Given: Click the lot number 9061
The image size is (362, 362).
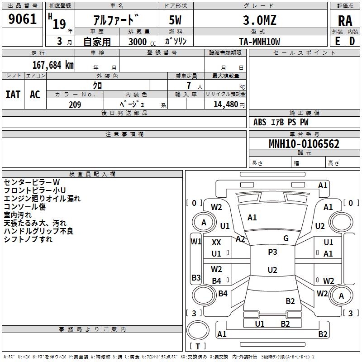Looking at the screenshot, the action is [x=22, y=19].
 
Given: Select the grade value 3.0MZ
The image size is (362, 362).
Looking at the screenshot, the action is [x=260, y=20].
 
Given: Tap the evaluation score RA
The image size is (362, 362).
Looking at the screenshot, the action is [x=345, y=21].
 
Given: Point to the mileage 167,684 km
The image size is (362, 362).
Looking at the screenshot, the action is [x=53, y=65].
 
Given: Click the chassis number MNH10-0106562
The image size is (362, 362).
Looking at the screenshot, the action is [x=304, y=144].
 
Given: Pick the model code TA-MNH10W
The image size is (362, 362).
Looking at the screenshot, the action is [x=259, y=42].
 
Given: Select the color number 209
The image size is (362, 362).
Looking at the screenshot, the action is [x=75, y=105].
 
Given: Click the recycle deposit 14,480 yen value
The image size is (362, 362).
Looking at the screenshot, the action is [x=229, y=105].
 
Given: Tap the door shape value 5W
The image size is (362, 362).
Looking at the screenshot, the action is [x=175, y=20].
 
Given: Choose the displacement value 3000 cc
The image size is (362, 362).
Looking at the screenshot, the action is [x=142, y=42].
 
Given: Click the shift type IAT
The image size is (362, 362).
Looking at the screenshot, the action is [x=13, y=95].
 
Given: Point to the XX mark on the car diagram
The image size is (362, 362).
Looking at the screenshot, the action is [x=216, y=243].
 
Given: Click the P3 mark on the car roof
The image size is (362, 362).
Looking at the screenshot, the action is [x=272, y=252].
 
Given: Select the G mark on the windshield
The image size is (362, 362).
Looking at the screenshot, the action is [x=286, y=238].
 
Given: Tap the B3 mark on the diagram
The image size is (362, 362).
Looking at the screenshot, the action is [x=196, y=277].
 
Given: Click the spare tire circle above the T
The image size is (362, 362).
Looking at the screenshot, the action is [x=198, y=330].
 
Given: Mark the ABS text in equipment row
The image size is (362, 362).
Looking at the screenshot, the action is [x=260, y=122].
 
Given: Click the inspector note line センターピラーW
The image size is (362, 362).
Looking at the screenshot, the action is [x=32, y=182].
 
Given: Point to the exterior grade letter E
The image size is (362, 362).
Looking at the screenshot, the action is [x=337, y=41].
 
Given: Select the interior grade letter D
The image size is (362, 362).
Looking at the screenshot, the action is [x=352, y=41].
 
